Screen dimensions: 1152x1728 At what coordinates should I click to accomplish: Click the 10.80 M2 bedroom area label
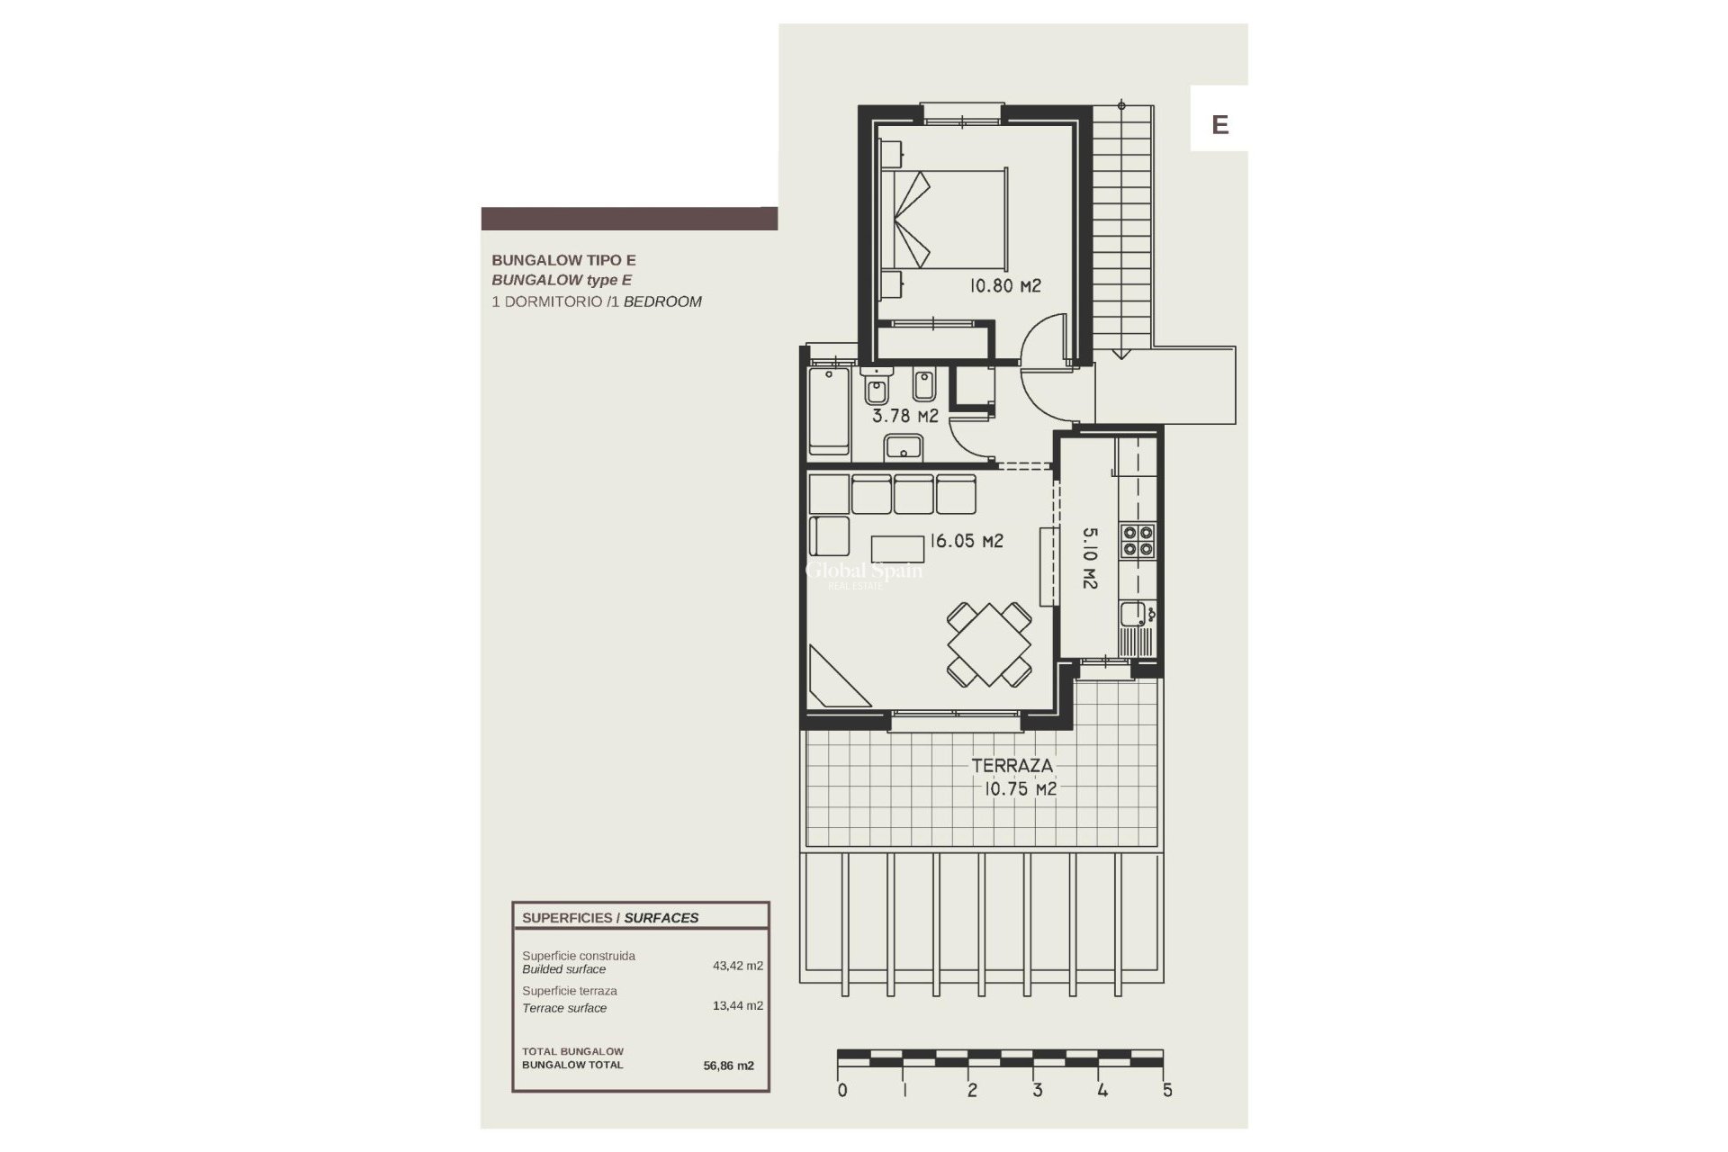[x=1004, y=286]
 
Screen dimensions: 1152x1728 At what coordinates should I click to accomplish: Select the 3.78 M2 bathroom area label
[x=904, y=416]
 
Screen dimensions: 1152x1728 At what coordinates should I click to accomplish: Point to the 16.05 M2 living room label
[x=967, y=541]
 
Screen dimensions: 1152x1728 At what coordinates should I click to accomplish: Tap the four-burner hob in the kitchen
[x=1137, y=541]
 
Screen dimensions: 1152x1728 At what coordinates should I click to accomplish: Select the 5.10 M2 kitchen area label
[x=1089, y=558]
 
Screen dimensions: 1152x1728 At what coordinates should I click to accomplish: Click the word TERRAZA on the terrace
[x=1012, y=766]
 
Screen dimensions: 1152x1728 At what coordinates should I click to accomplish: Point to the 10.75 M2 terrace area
[x=1020, y=789]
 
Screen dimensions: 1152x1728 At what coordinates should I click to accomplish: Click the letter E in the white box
[x=1219, y=124]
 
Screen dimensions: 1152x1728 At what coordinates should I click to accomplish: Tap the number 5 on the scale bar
[x=1167, y=1091]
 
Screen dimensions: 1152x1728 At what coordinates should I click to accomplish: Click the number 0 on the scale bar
[x=841, y=1091]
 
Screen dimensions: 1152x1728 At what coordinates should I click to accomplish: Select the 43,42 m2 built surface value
[x=737, y=966]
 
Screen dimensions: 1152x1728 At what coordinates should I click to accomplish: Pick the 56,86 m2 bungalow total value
[x=728, y=1066]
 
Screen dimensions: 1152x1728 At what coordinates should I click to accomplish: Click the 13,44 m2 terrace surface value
[x=737, y=1005]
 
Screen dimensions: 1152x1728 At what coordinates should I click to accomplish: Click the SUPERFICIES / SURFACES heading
[x=610, y=918]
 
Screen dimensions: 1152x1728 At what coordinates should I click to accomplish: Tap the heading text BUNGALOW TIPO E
[x=563, y=260]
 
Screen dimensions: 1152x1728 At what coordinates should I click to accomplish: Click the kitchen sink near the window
[x=1131, y=615]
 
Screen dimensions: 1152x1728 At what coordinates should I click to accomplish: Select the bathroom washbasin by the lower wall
[x=903, y=446]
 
